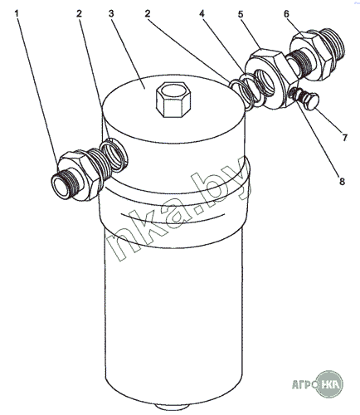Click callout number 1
coord(17,13)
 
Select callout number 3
coord(111,13)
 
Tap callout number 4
coord(202,13)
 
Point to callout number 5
coord(241,14)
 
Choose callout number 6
coord(286,13)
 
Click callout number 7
coord(344,138)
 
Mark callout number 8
coord(342,182)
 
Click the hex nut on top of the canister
coord(173,99)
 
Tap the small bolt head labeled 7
coord(313,101)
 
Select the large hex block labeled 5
coord(271,79)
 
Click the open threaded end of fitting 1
coord(61,187)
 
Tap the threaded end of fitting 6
coord(333,45)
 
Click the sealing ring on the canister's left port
coord(114,155)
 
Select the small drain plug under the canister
coord(172,408)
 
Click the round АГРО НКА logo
coord(330,384)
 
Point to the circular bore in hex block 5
coord(264,82)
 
